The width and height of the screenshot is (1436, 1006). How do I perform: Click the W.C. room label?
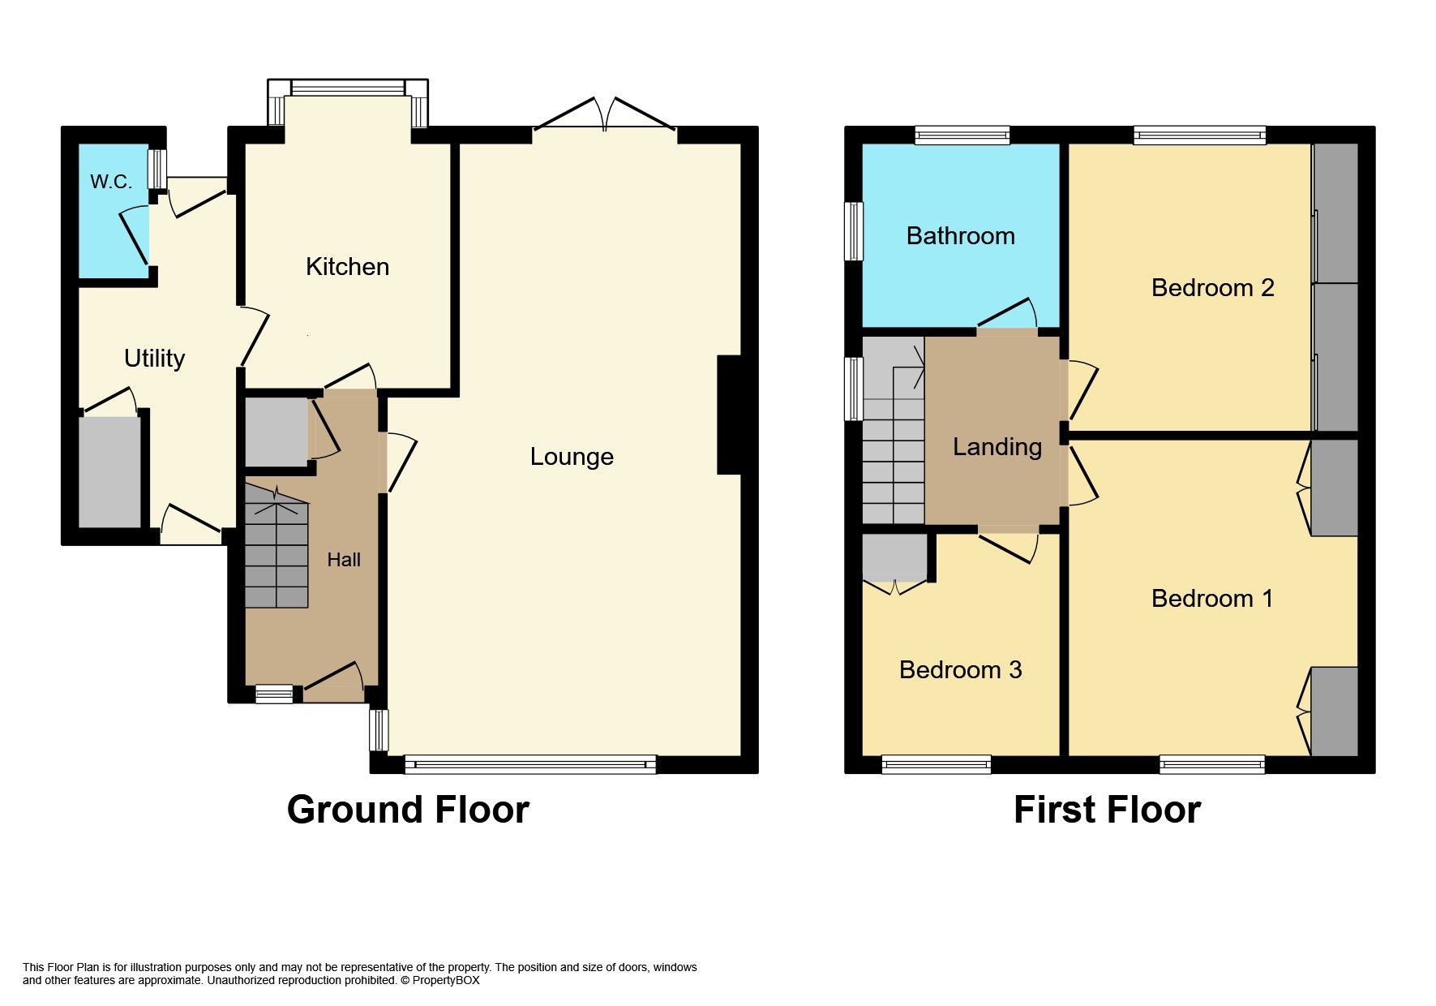point(111,182)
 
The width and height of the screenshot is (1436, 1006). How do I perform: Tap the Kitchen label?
point(347,267)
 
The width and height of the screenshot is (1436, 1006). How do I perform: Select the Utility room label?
point(154,359)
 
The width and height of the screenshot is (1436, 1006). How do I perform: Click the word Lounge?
point(572,457)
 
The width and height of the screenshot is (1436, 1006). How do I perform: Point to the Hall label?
point(344,560)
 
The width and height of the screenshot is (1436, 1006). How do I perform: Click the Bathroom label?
point(960,236)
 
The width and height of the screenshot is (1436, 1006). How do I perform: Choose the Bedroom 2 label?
point(1212,288)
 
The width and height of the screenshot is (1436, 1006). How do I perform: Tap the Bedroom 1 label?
point(1211,599)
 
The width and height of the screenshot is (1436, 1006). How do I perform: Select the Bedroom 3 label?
point(960,670)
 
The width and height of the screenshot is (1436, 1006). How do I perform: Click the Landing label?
point(997,447)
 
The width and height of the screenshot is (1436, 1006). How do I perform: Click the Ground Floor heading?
point(408,810)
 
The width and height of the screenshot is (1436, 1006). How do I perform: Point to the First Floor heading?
point(1107,810)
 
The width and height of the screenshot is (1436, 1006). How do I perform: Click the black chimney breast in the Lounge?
point(729,415)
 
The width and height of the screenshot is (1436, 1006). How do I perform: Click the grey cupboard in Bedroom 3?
point(894,555)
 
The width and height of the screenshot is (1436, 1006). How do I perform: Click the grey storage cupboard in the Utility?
point(109,472)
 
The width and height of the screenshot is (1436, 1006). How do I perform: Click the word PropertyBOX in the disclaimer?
point(446,980)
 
